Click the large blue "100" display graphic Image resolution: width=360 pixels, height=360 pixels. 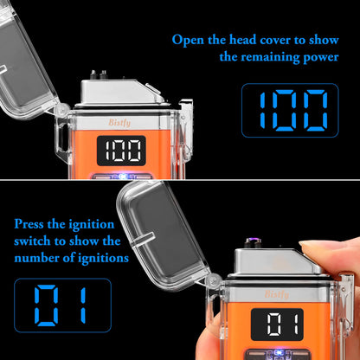click(x=286, y=110)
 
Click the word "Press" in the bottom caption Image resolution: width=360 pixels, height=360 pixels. click(x=32, y=224)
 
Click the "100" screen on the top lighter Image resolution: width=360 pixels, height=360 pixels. click(x=121, y=152)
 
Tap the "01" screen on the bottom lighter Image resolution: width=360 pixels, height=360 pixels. click(x=287, y=327)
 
